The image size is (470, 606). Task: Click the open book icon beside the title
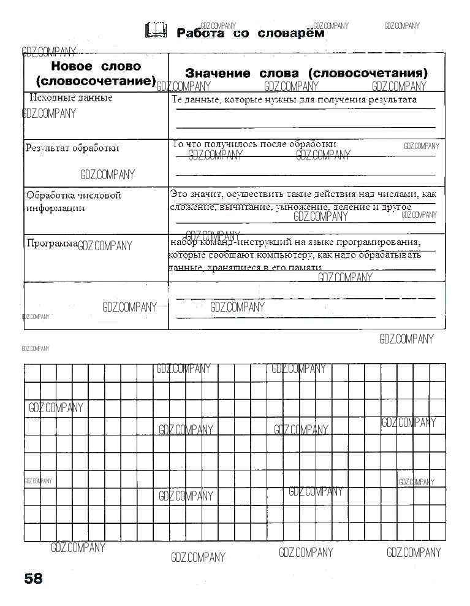click(156, 31)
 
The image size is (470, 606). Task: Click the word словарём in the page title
click(290, 33)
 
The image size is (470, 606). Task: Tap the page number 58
click(34, 578)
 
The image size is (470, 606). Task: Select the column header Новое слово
click(96, 66)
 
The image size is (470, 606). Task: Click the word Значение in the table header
click(218, 74)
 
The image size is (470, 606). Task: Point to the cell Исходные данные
click(71, 98)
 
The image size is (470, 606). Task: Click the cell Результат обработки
click(72, 148)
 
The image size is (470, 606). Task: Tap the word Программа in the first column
click(52, 244)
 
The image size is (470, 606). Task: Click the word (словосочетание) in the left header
click(96, 81)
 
